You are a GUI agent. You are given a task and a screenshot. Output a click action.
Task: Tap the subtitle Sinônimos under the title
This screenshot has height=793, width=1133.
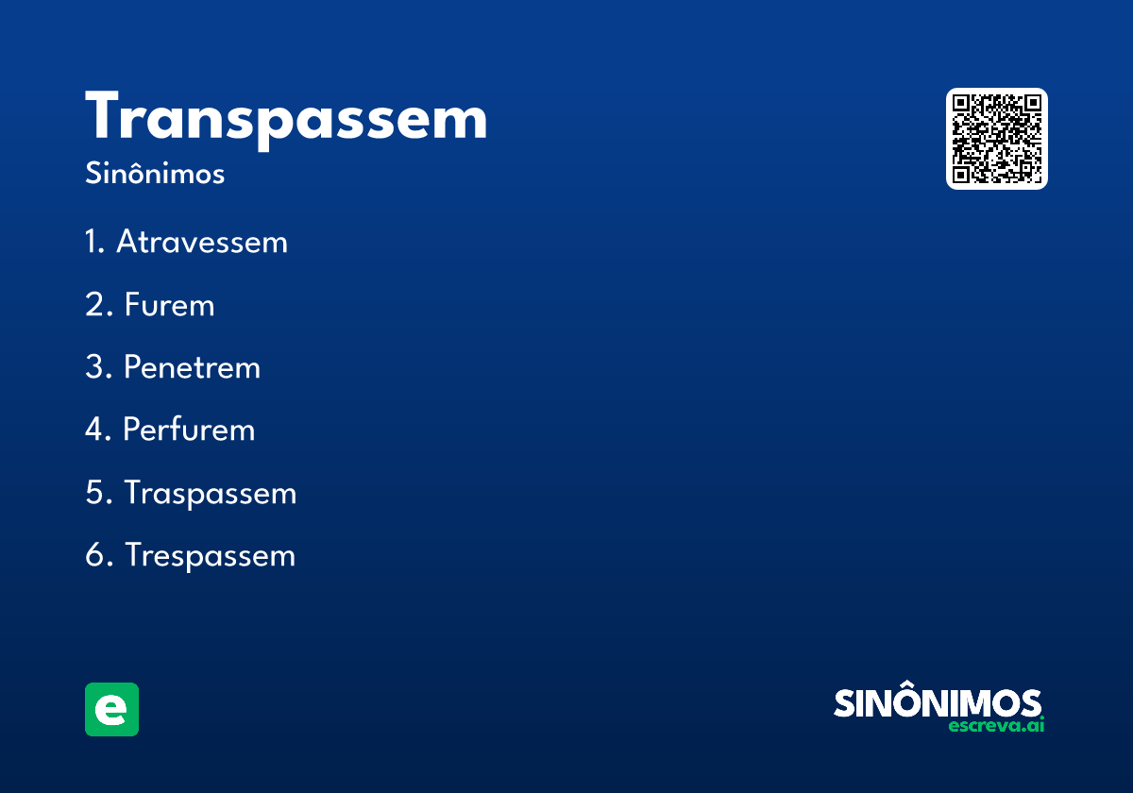[x=155, y=175]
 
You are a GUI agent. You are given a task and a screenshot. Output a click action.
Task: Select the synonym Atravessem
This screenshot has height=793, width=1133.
[x=202, y=243]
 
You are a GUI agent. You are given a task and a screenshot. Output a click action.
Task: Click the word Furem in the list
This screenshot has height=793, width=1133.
[x=170, y=305]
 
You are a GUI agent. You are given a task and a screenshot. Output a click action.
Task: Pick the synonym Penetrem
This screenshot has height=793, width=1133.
[x=192, y=367]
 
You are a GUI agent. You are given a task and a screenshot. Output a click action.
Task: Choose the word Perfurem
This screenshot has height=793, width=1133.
[x=189, y=430]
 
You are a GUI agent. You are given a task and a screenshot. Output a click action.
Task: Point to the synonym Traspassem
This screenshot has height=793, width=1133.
[x=211, y=493]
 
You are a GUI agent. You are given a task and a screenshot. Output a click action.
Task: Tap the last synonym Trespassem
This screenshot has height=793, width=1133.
[x=211, y=555]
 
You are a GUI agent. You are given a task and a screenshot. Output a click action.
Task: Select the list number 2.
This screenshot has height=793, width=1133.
[x=94, y=305]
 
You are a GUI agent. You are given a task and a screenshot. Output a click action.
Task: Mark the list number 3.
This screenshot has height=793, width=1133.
[x=94, y=367]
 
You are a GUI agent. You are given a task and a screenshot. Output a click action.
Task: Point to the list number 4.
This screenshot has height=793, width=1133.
[x=94, y=430]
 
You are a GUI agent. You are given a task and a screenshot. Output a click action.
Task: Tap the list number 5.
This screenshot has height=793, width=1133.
[x=94, y=493]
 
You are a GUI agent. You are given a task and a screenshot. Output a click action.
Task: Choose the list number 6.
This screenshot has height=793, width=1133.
[x=94, y=555]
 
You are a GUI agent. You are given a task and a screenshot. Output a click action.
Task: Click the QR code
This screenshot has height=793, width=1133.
[x=997, y=139]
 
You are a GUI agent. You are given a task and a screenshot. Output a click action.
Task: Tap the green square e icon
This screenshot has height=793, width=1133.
[x=111, y=709]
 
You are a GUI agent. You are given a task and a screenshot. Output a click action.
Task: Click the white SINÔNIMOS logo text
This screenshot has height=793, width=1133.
[x=938, y=703]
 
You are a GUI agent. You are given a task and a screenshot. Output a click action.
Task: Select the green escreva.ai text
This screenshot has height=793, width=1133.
[x=996, y=726]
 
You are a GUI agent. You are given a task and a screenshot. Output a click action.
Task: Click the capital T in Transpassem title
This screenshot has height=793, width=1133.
[x=107, y=118]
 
